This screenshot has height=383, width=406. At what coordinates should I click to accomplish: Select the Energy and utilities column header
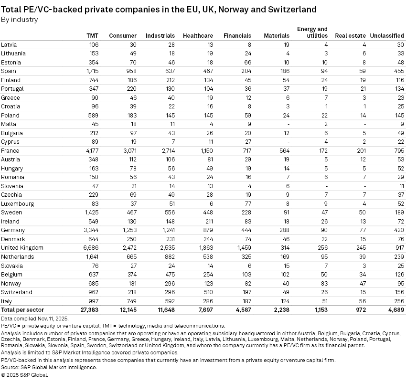click(x=312, y=32)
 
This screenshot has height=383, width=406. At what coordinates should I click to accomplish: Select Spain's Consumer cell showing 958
click(x=130, y=71)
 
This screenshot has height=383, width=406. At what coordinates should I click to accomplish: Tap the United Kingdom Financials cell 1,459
click(x=242, y=248)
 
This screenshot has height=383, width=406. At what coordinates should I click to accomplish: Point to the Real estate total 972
click(x=358, y=310)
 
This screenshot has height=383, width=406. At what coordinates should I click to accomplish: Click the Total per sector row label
click(x=22, y=310)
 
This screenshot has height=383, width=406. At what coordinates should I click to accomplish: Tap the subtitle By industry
click(x=20, y=20)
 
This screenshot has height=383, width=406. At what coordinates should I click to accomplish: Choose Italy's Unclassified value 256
click(x=398, y=301)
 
